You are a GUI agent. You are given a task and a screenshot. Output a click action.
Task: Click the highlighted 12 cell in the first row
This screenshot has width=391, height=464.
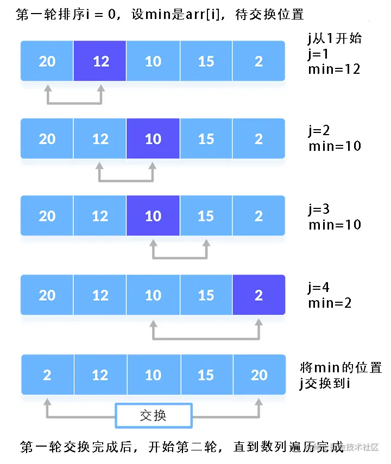click(100, 61)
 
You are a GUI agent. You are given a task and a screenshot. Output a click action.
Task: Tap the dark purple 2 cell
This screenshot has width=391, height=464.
click(258, 295)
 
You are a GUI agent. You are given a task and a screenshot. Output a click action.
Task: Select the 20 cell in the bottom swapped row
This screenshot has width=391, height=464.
click(259, 374)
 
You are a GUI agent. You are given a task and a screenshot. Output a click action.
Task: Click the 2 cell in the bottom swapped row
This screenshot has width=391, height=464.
click(47, 374)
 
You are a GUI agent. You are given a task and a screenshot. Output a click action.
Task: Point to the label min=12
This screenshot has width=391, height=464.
click(334, 69)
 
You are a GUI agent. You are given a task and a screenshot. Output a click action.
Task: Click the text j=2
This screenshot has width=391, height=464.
click(319, 131)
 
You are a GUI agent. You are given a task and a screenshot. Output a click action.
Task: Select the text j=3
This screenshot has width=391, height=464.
click(319, 209)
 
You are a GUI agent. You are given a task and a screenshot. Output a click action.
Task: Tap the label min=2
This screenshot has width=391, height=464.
click(330, 303)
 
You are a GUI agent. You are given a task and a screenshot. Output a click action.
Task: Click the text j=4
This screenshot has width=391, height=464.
click(319, 287)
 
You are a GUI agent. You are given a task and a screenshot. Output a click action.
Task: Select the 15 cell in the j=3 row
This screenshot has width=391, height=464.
click(206, 216)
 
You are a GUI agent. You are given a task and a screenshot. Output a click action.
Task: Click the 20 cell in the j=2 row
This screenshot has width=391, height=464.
click(47, 138)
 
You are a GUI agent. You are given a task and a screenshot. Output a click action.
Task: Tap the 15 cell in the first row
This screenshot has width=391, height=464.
click(206, 61)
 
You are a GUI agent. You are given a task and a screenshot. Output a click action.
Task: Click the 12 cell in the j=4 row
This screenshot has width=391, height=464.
click(100, 295)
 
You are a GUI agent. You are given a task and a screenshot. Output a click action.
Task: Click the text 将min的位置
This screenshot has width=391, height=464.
click(340, 367)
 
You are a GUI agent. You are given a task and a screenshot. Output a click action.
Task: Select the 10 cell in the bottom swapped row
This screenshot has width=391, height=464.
click(153, 374)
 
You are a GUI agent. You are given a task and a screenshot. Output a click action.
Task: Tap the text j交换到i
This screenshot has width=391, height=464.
click(325, 383)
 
